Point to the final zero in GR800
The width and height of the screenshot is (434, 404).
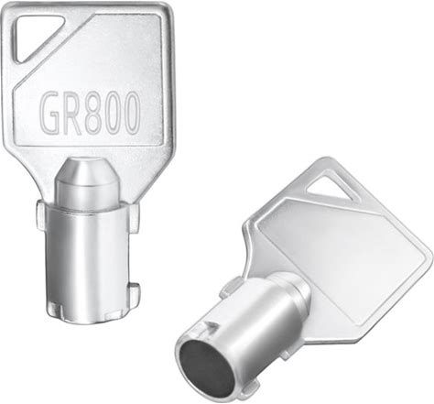coord(131,112)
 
